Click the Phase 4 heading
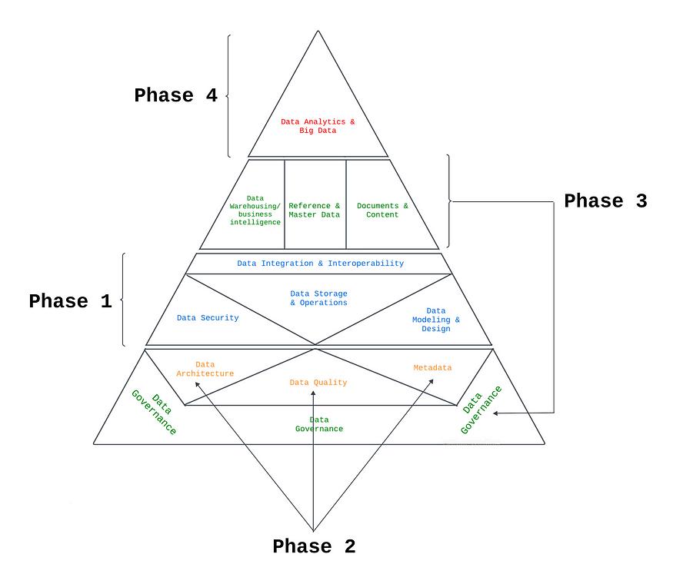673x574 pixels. [175, 95]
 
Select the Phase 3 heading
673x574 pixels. [605, 201]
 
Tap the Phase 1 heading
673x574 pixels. [71, 301]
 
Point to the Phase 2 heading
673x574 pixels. [314, 546]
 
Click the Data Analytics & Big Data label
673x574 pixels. [318, 126]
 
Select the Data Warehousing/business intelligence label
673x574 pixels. [255, 210]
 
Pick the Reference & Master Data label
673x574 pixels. [314, 210]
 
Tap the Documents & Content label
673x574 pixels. [382, 210]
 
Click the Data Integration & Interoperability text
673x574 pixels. [320, 264]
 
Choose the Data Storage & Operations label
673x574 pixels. [318, 298]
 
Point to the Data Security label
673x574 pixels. [208, 317]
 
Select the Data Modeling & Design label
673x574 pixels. [435, 320]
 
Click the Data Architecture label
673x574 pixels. [205, 369]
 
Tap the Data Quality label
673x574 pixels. [318, 383]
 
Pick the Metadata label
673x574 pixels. [432, 368]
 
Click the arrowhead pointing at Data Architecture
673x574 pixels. [197, 384]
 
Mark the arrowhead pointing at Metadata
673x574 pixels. [431, 381]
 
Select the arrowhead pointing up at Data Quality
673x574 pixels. [313, 393]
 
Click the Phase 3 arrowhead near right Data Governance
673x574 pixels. [496, 413]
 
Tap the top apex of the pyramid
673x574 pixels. [318, 31]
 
